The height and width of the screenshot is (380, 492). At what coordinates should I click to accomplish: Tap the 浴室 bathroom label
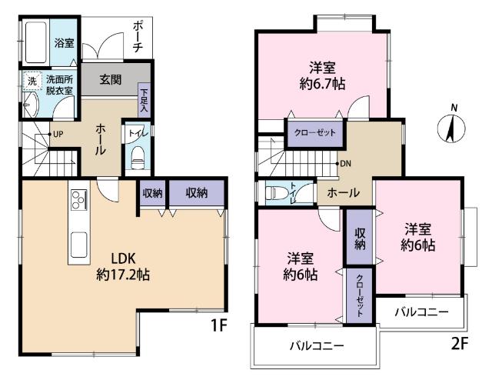tap(64, 44)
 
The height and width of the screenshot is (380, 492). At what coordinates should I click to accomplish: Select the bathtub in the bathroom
tap(35, 44)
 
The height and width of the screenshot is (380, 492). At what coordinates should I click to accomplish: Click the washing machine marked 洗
tap(32, 80)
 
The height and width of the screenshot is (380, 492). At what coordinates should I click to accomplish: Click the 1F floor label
tap(219, 325)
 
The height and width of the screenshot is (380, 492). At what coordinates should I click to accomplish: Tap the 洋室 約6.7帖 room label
tap(321, 75)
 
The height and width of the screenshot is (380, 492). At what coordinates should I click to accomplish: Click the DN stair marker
tap(345, 163)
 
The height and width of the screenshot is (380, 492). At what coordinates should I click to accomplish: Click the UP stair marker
tap(55, 135)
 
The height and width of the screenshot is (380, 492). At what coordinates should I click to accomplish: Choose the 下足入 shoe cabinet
tap(144, 100)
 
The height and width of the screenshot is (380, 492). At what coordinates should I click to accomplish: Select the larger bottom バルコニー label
tap(315, 345)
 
